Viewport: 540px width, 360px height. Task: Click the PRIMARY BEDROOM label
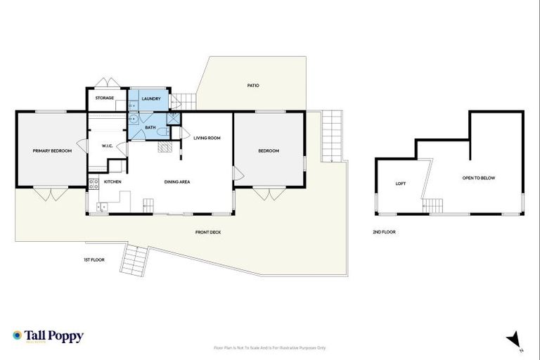pyautogui.click(x=52, y=150)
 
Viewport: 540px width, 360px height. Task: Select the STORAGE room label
pyautogui.click(x=105, y=98)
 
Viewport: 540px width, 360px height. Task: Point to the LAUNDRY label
pyautogui.click(x=151, y=98)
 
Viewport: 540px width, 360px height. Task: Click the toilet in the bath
pyautogui.click(x=162, y=131)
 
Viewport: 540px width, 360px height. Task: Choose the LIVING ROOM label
pyautogui.click(x=207, y=138)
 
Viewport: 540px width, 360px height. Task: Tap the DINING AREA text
pyautogui.click(x=177, y=182)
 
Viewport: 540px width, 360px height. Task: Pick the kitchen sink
pyautogui.click(x=102, y=207)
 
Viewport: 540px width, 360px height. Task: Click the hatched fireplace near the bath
pyautogui.click(x=164, y=147)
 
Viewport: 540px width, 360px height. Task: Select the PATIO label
pyautogui.click(x=253, y=86)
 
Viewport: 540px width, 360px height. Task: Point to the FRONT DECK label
pyautogui.click(x=208, y=232)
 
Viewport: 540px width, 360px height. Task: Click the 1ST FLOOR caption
pyautogui.click(x=94, y=260)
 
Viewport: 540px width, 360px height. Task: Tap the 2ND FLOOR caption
pyautogui.click(x=385, y=231)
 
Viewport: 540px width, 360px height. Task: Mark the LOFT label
pyautogui.click(x=401, y=184)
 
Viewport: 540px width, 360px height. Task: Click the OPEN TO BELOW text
pyautogui.click(x=479, y=178)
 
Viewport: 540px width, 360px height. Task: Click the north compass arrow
pyautogui.click(x=514, y=339)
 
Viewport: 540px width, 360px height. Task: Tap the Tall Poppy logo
pyautogui.click(x=48, y=336)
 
